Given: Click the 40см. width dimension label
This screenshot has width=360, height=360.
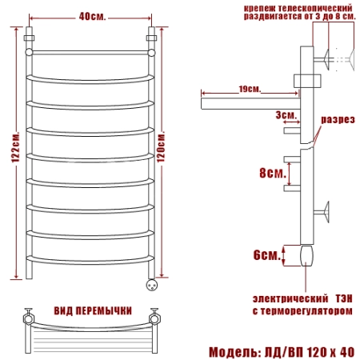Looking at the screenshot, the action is click(x=92, y=17).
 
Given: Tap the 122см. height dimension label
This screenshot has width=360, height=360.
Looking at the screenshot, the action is click(x=15, y=146).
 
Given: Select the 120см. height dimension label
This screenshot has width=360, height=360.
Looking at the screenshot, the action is click(x=161, y=146).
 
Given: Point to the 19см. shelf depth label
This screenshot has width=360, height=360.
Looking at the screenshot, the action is click(x=250, y=89).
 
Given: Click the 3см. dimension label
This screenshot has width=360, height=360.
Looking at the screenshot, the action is click(x=286, y=115).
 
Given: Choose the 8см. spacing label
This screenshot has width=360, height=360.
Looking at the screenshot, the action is click(x=273, y=173).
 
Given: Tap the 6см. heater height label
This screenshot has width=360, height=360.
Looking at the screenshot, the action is click(x=267, y=255).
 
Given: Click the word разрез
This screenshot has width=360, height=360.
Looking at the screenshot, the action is click(x=338, y=119).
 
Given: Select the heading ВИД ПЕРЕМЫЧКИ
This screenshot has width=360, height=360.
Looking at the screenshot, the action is click(x=93, y=310).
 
